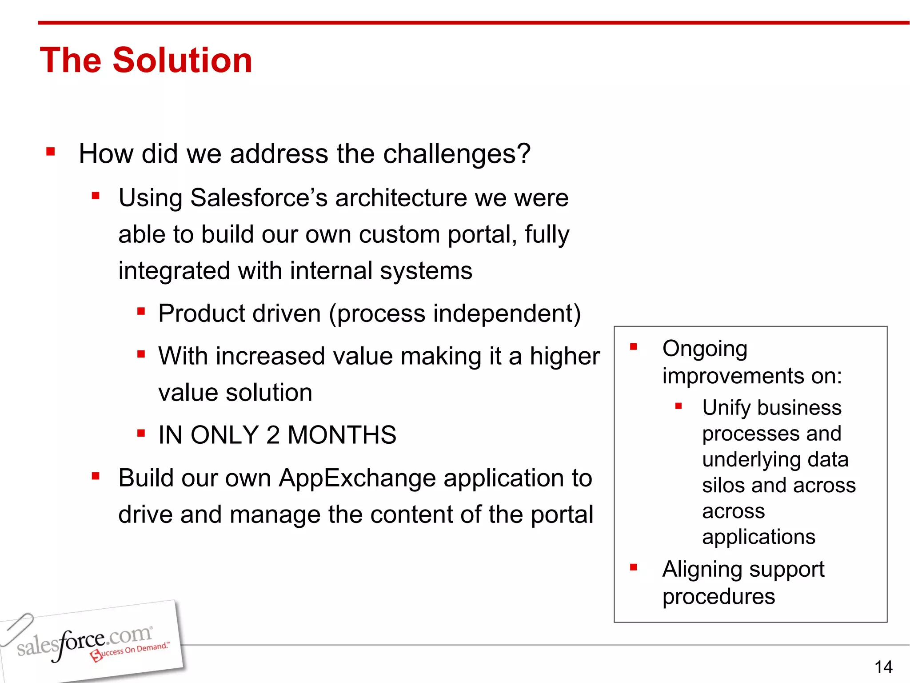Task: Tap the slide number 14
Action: (883, 667)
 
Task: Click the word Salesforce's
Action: (259, 198)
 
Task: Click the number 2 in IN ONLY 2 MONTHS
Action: (273, 435)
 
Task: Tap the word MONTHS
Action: (342, 435)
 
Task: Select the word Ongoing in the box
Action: (705, 349)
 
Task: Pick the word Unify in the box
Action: (726, 408)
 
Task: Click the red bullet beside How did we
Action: (51, 152)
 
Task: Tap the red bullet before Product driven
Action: (141, 311)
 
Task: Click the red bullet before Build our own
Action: (96, 476)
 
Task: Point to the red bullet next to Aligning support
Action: (634, 567)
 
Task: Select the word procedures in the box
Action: (718, 597)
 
